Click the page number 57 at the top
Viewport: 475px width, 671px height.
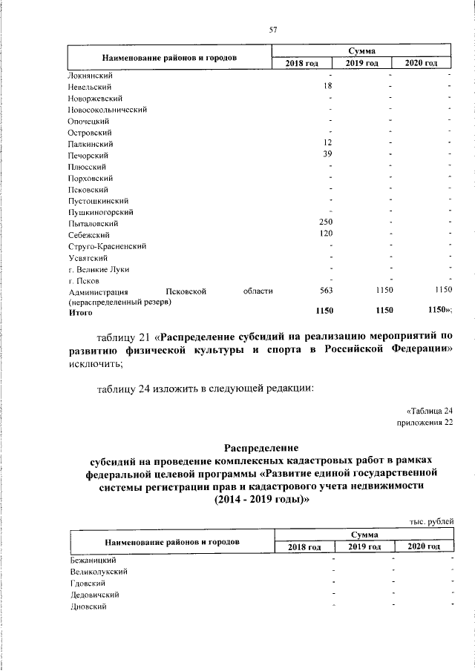click(x=272, y=30)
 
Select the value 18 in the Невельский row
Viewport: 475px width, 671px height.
click(x=327, y=87)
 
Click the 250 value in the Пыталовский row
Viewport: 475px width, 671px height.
click(x=327, y=222)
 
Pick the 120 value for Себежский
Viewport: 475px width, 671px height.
click(x=327, y=234)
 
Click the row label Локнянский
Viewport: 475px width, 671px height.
click(x=90, y=75)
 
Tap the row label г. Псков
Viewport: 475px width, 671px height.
click(x=85, y=280)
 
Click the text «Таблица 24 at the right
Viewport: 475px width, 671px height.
click(x=430, y=410)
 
